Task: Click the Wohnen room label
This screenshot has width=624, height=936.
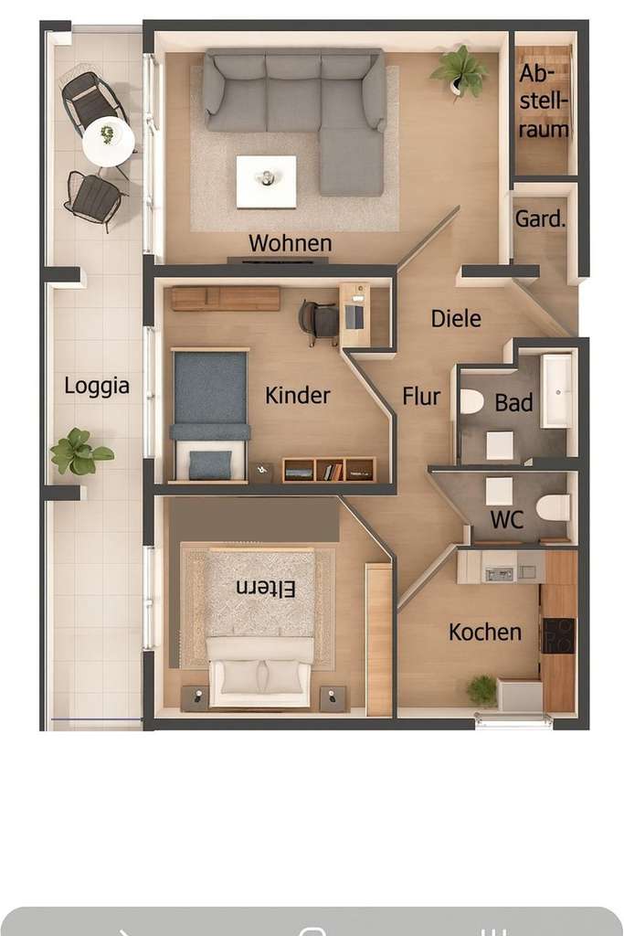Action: [x=290, y=243]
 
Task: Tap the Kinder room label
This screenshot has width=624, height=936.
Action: [x=298, y=396]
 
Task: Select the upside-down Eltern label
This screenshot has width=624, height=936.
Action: [x=266, y=589]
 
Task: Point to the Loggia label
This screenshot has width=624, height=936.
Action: [x=97, y=386]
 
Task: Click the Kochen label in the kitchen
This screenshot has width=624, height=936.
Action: [x=485, y=632]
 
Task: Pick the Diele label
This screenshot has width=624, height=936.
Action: [x=456, y=318]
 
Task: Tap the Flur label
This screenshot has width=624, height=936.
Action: [x=421, y=397]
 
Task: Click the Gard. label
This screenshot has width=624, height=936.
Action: [x=540, y=219]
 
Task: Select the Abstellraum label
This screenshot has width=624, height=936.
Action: [x=545, y=101]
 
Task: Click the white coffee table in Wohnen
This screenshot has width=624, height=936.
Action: [x=266, y=181]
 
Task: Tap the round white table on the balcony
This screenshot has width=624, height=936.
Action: [x=108, y=142]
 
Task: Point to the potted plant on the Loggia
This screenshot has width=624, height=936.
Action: [x=79, y=452]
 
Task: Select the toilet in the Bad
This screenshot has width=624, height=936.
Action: [x=471, y=401]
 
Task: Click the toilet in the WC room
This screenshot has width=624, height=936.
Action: [x=553, y=507]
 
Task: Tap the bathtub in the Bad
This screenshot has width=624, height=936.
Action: [x=556, y=390]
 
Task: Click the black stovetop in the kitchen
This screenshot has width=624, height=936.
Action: [x=558, y=635]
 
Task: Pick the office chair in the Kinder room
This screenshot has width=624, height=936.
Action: [x=320, y=321]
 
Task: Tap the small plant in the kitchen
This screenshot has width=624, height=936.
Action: [x=482, y=689]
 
